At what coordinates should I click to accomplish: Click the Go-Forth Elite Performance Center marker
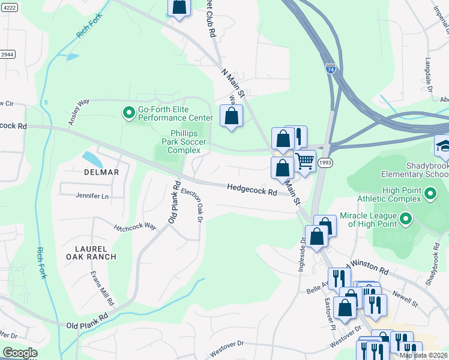128,113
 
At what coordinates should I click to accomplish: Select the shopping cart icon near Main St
305,161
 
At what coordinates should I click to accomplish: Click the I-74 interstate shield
331,69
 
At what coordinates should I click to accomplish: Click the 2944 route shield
7,54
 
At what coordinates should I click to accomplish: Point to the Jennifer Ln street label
92,196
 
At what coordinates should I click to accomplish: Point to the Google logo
20,353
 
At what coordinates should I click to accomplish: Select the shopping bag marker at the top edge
179,7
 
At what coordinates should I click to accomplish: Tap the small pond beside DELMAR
92,159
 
